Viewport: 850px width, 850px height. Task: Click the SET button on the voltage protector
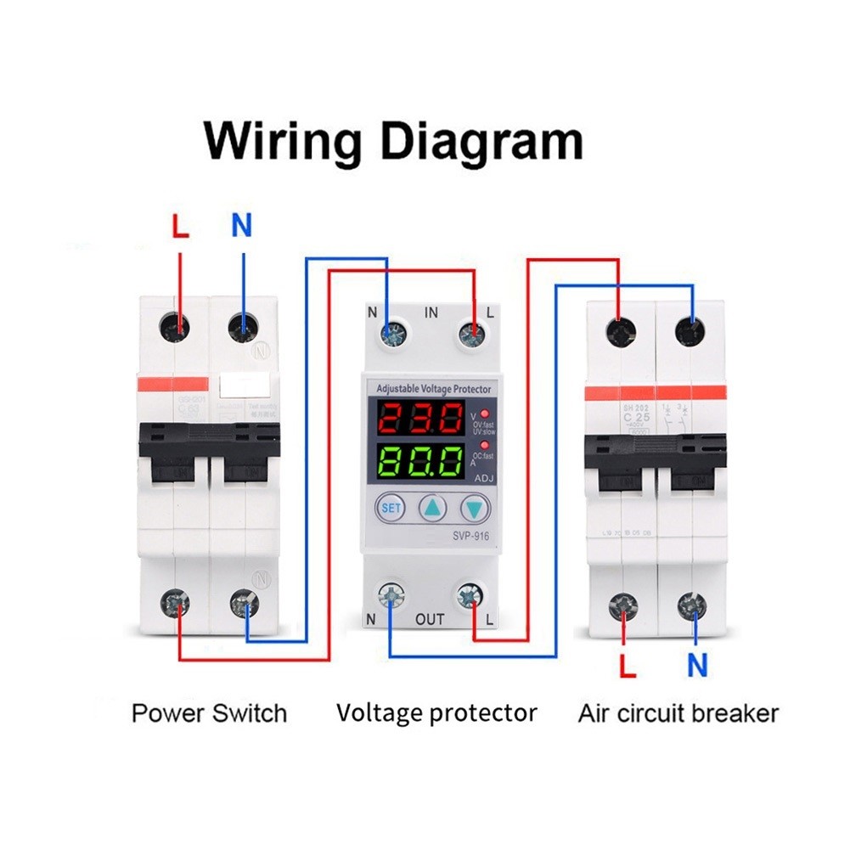click(x=391, y=509)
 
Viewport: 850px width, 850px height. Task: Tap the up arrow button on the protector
click(x=433, y=509)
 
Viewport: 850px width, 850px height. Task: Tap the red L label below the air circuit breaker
click(x=628, y=667)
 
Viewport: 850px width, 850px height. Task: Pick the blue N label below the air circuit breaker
click(x=697, y=667)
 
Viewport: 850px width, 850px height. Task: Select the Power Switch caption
click(x=209, y=712)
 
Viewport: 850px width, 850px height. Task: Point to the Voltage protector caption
click(x=436, y=712)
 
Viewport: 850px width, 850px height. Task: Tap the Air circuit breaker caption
click(x=678, y=712)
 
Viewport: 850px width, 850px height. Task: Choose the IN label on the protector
click(x=431, y=313)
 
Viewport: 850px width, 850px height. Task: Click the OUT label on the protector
click(x=431, y=619)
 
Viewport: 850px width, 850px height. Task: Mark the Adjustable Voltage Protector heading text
click(x=433, y=389)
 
